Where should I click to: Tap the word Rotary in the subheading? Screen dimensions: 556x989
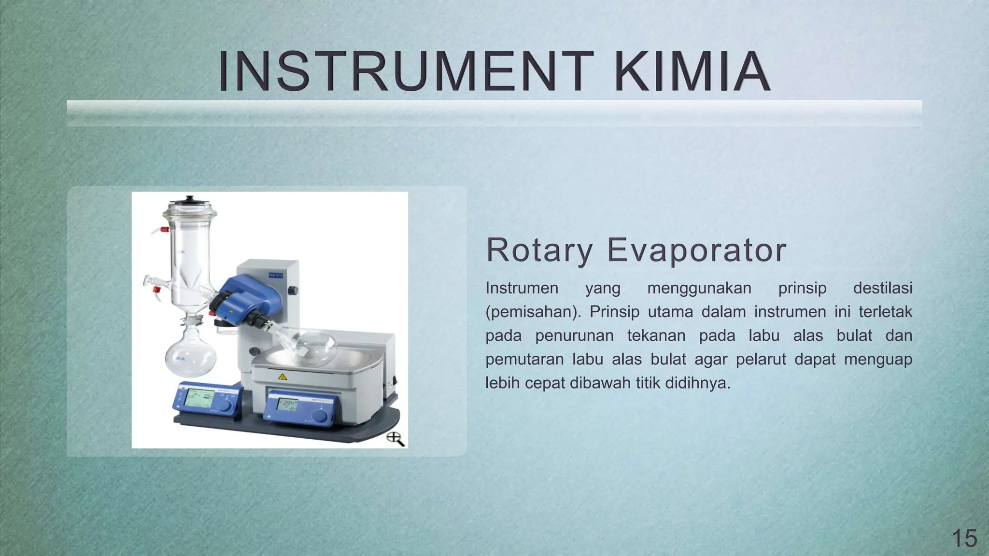coord(539,250)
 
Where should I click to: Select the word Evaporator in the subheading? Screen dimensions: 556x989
coord(696,250)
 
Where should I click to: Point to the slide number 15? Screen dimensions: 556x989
coord(964,538)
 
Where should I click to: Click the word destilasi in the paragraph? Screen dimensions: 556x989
coord(882,288)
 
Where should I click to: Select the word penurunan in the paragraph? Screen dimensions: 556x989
coord(574,335)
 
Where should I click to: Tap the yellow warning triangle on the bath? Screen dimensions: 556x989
coord(283,376)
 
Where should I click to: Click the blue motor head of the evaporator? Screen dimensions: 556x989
coord(241,299)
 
